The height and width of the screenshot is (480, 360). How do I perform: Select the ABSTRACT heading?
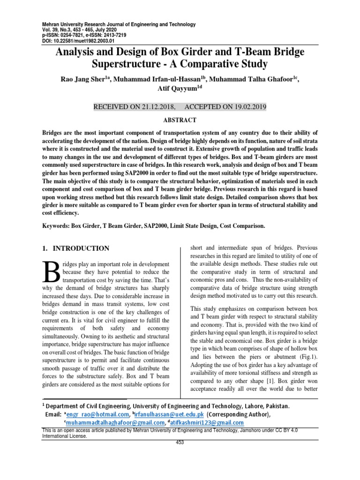(x=180, y=120)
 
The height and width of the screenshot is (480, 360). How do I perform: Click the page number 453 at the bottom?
(x=180, y=442)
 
